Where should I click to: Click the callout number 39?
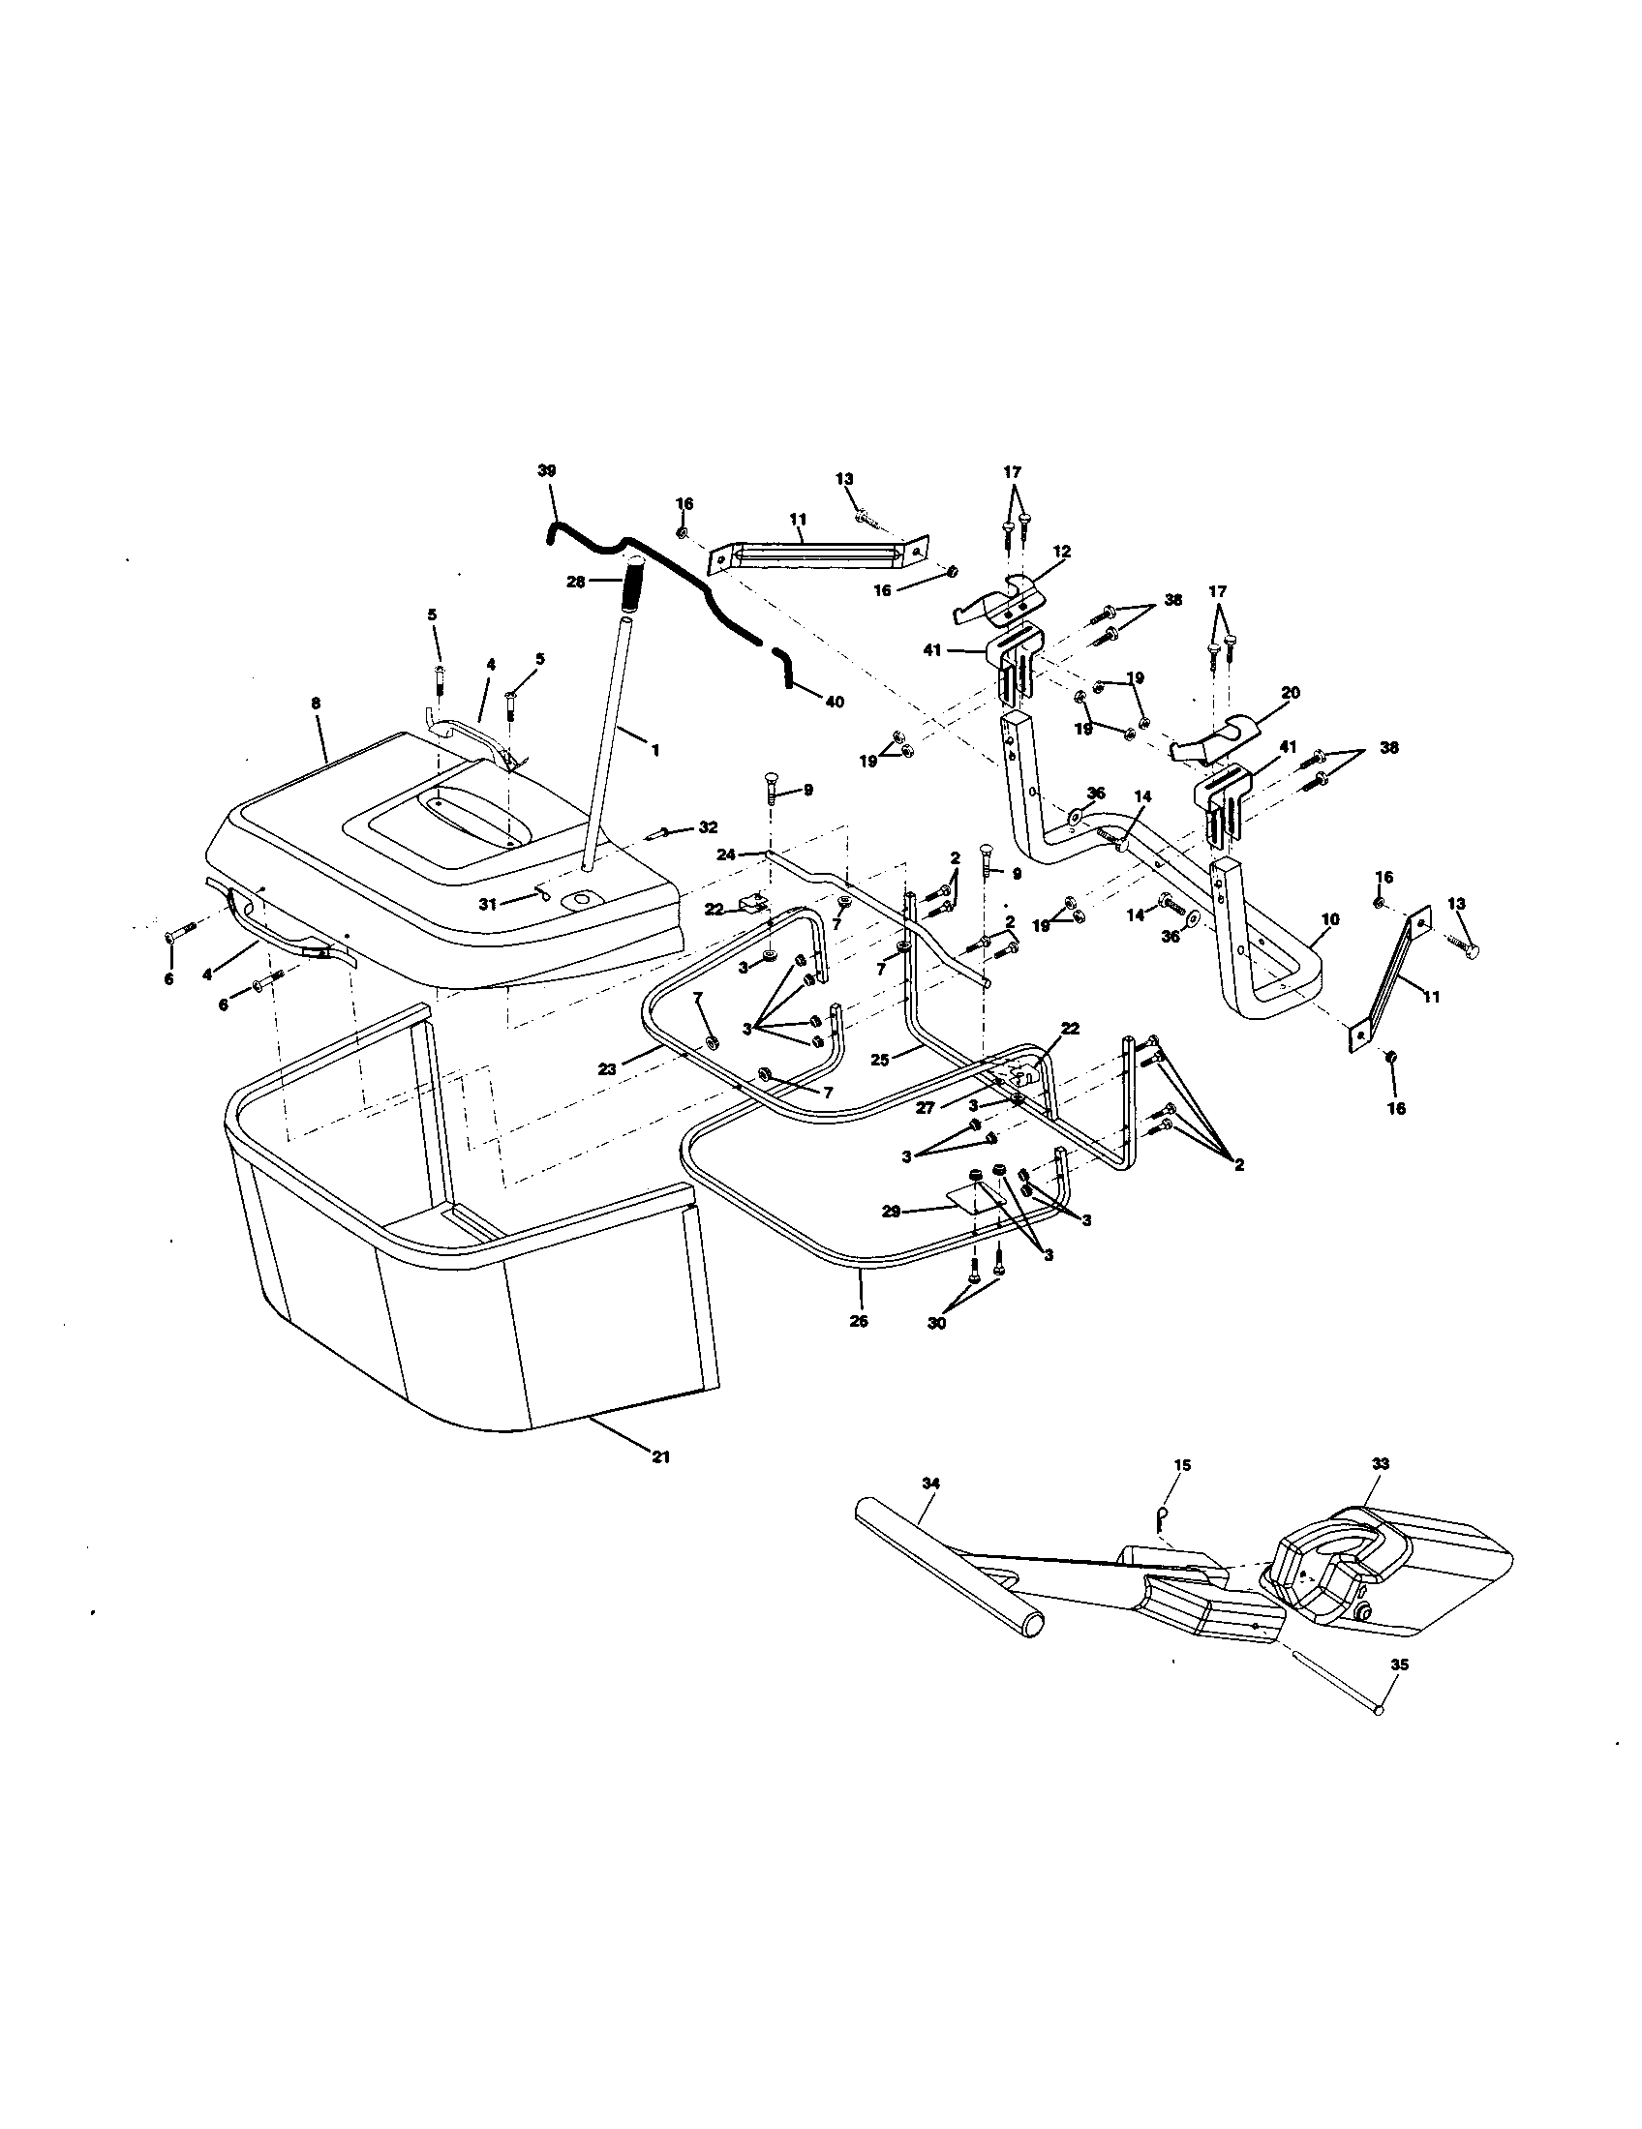coord(546,471)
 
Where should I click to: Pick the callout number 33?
coord(1380,1491)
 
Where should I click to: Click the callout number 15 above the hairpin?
coord(1183,1492)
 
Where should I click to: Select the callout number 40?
coord(835,701)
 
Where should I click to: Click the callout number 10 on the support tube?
coord(1331,918)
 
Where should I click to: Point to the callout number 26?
coord(859,1322)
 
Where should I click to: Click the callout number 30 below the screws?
coord(937,1323)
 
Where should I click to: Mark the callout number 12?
coord(1062,552)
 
